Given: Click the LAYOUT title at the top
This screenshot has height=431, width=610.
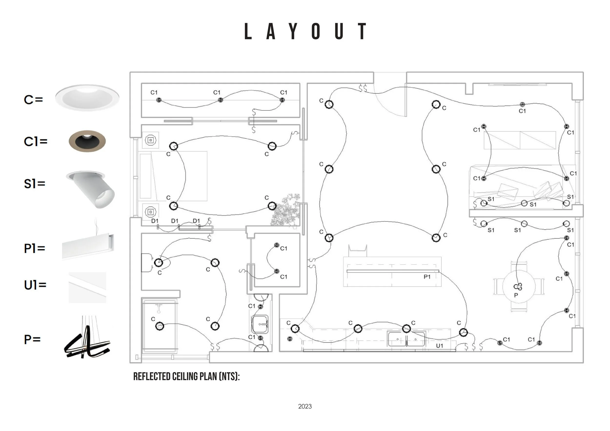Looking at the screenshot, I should click(305, 31).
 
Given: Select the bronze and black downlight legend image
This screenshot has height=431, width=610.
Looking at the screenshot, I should click(87, 141).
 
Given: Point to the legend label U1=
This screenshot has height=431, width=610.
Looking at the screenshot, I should click(35, 285).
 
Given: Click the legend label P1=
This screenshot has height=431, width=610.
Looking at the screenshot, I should click(35, 249).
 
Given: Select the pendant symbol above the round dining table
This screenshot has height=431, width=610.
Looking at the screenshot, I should click(518, 287).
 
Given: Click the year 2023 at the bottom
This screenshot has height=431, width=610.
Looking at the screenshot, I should click(305, 406).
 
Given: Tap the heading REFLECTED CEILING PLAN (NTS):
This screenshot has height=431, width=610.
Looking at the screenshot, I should click(186, 377).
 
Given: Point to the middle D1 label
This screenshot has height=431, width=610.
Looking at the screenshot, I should click(174, 221).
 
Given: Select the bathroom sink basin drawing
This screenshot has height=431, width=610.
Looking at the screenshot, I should click(260, 324).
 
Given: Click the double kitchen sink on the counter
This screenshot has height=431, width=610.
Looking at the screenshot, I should click(407, 339).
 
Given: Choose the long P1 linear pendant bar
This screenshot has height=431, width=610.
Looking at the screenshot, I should click(393, 271).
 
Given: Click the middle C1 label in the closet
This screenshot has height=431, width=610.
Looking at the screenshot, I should click(217, 92).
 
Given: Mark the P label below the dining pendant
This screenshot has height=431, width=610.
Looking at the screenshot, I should click(516, 295).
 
